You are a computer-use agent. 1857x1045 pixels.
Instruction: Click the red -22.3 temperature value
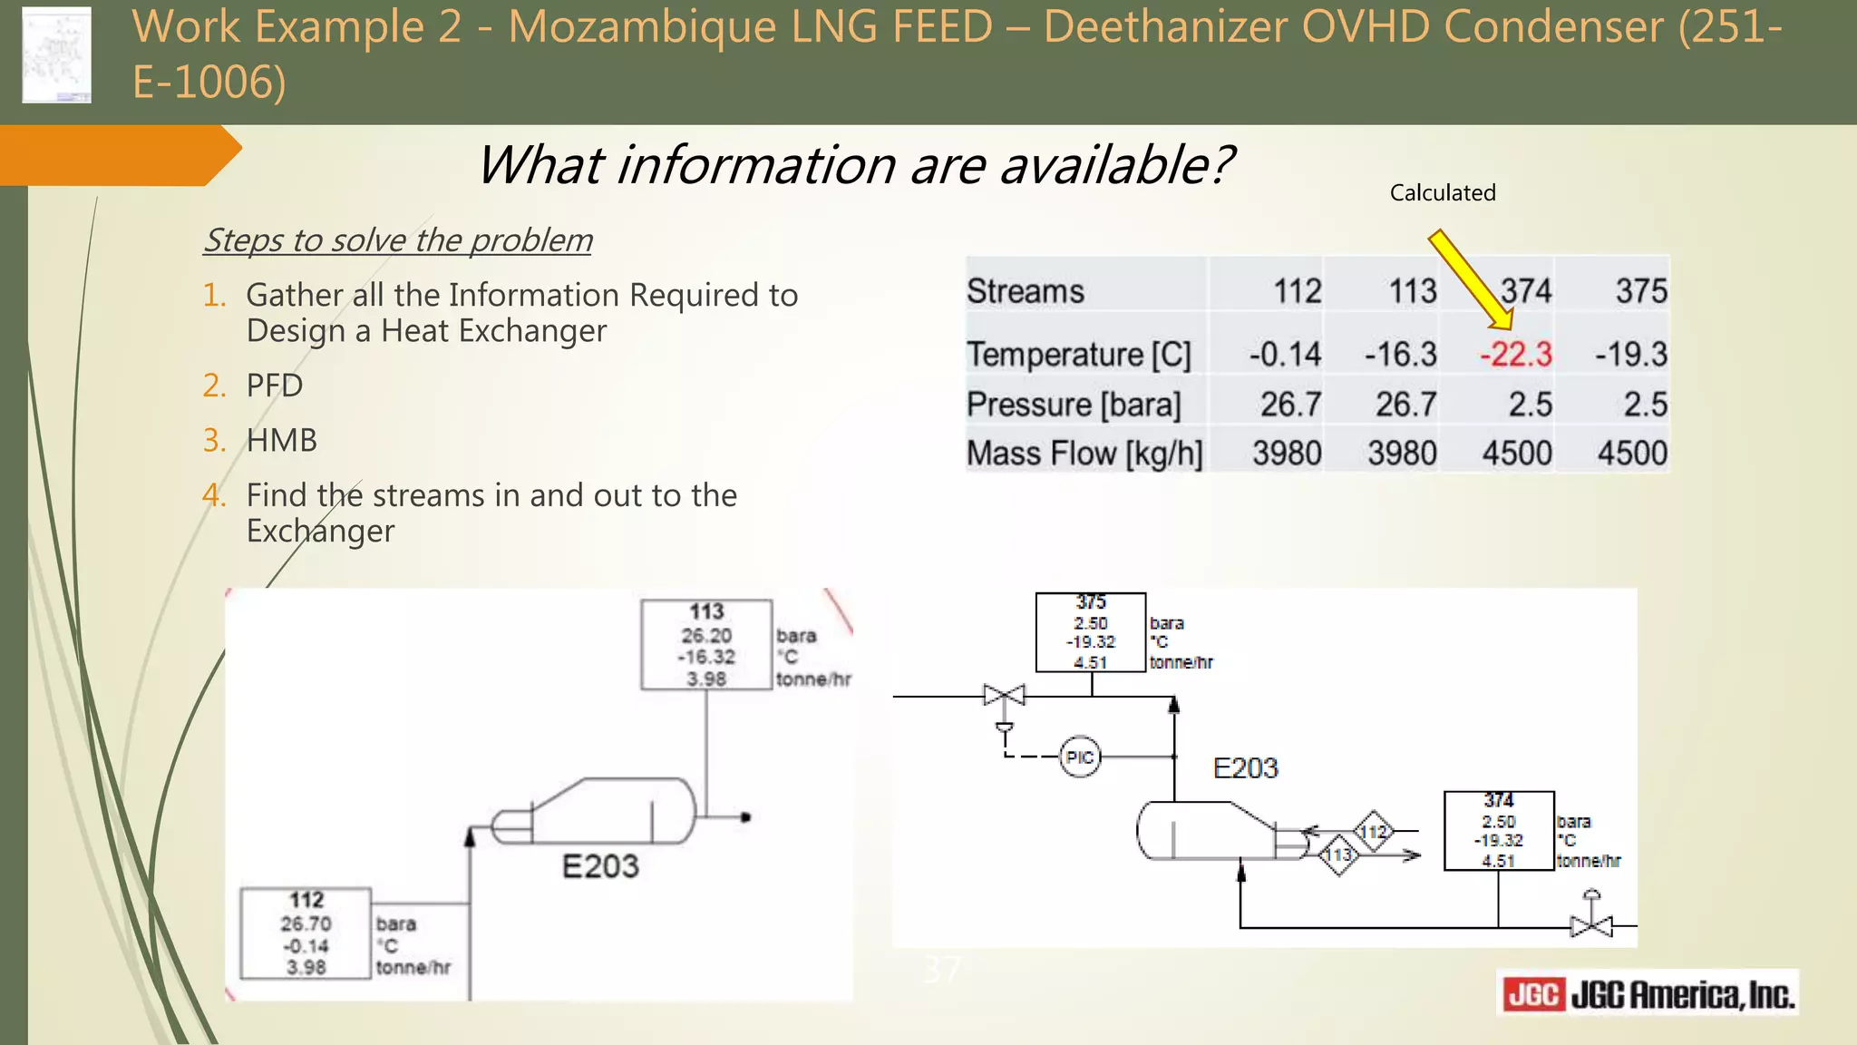(x=1515, y=354)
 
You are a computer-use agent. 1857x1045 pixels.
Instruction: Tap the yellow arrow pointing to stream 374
(x=1470, y=279)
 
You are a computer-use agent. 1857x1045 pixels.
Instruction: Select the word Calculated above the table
(x=1442, y=192)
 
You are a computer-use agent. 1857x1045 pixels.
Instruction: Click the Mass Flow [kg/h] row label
(x=1084, y=453)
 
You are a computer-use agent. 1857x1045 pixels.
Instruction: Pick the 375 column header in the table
(x=1640, y=291)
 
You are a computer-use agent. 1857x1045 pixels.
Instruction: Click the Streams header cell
(x=1025, y=291)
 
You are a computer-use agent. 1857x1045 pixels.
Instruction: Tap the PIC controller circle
(x=1079, y=757)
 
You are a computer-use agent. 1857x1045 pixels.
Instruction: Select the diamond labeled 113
(x=1338, y=855)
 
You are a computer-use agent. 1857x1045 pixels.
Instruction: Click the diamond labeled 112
(x=1373, y=832)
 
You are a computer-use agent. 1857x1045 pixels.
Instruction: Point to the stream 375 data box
(x=1091, y=632)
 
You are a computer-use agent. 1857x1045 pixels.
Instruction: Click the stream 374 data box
(x=1498, y=831)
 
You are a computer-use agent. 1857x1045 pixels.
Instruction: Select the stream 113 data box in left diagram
(x=706, y=645)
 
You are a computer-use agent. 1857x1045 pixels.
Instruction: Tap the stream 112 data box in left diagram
(x=306, y=933)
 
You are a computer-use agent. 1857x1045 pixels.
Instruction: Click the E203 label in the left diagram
(x=600, y=866)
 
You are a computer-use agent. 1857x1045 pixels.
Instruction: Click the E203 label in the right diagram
(x=1245, y=768)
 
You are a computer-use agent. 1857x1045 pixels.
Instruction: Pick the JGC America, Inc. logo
(x=1647, y=995)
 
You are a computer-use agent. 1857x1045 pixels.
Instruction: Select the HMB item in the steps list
(x=281, y=440)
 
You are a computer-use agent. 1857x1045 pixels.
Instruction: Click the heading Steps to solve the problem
(x=397, y=240)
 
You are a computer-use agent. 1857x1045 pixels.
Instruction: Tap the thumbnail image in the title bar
(x=56, y=54)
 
